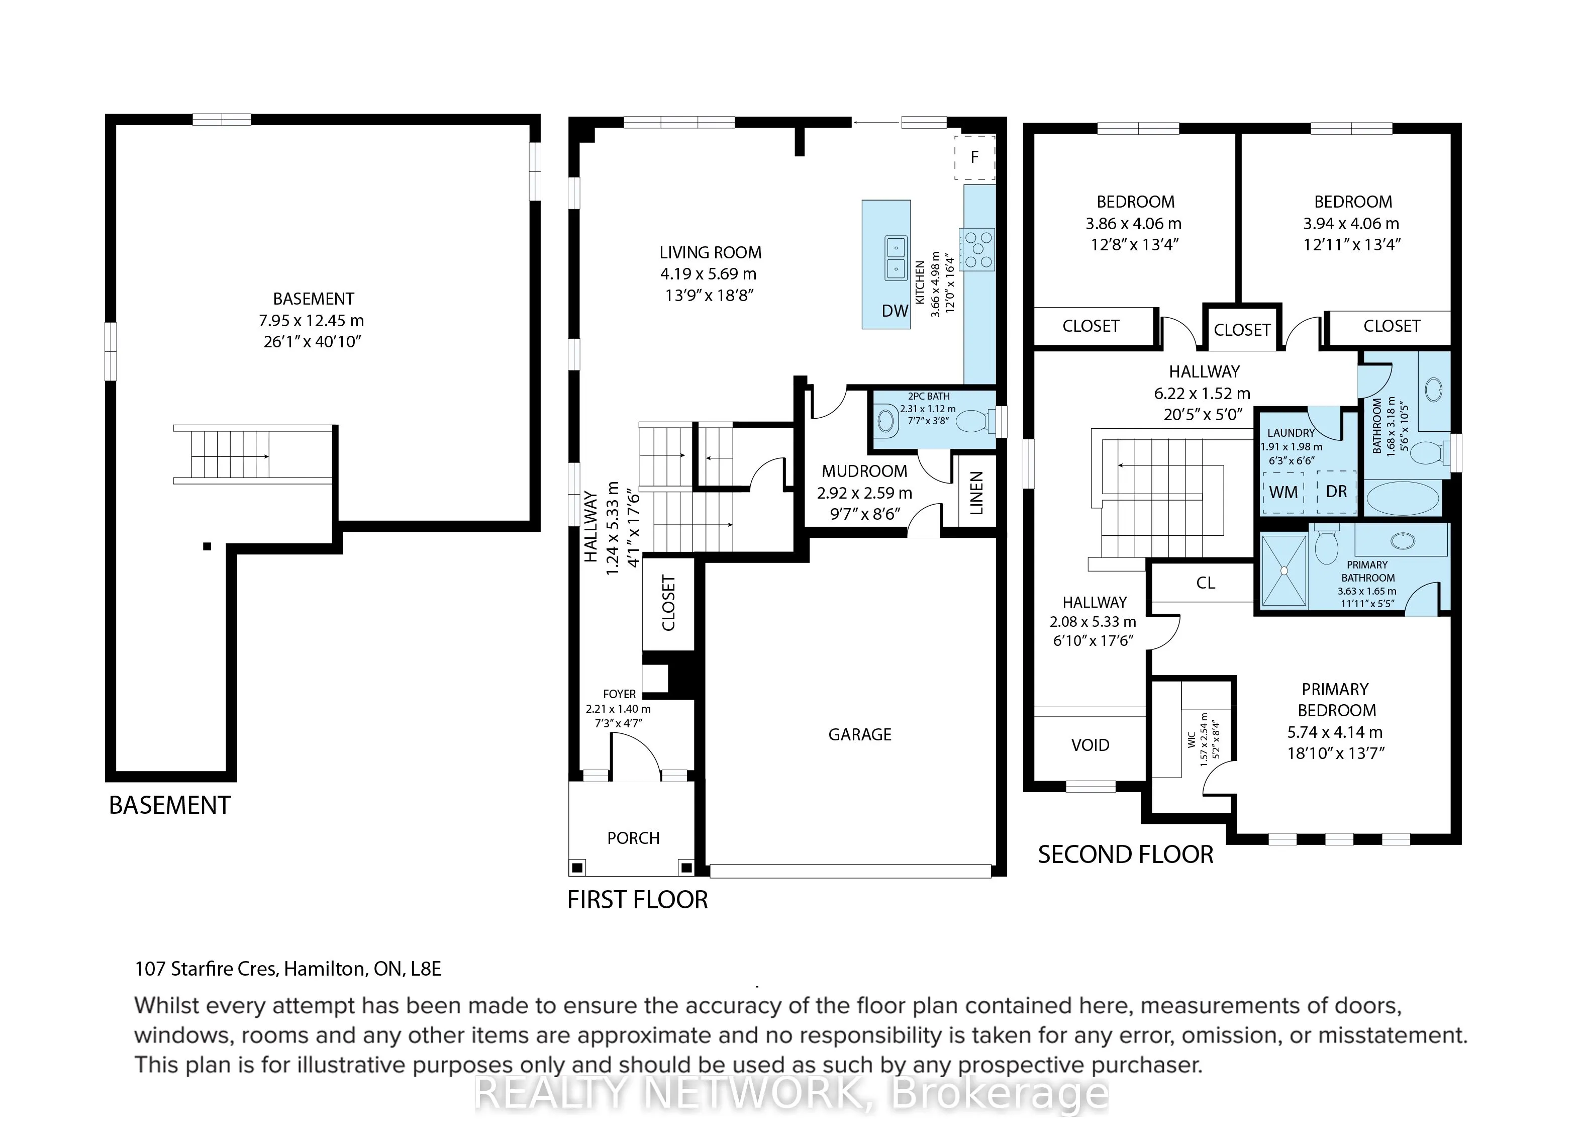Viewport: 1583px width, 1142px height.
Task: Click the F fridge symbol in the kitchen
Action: [974, 157]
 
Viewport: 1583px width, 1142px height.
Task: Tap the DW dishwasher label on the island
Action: [895, 311]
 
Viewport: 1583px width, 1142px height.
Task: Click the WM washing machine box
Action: [1283, 492]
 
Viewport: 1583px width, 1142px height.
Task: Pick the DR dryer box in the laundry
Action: [1336, 492]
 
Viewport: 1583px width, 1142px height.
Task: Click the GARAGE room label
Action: [860, 734]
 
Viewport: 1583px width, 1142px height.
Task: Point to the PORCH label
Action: [633, 838]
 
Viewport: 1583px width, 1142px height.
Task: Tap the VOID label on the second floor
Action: [1090, 745]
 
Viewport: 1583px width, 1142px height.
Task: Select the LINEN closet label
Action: [976, 493]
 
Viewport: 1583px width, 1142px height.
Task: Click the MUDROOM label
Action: [864, 471]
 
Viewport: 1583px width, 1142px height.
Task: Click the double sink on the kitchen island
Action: [896, 257]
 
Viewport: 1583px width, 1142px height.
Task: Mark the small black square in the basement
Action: [207, 546]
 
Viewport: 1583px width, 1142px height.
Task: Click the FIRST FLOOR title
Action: [637, 900]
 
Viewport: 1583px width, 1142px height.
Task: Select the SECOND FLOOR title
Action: [1125, 854]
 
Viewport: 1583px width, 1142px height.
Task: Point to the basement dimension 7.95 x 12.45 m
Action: [311, 320]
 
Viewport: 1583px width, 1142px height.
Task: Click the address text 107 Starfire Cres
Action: [207, 969]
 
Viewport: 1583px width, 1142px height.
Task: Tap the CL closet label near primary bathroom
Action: [1206, 583]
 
